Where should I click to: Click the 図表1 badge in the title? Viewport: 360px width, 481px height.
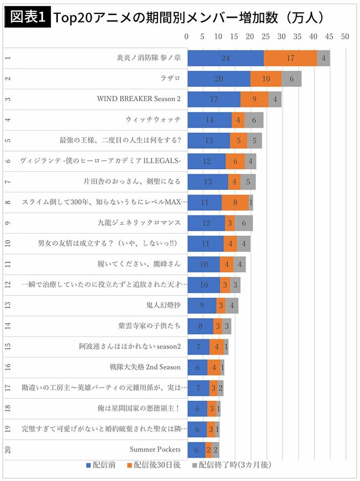click(27, 17)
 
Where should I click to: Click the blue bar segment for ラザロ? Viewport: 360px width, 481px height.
click(219, 78)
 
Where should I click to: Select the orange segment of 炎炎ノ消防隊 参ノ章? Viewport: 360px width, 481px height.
click(290, 58)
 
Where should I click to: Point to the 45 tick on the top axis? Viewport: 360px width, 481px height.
click(329, 37)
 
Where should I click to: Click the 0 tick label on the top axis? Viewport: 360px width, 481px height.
click(186, 37)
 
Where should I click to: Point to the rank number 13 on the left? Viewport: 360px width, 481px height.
click(6, 305)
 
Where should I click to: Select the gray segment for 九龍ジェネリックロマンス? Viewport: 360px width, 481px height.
click(243, 222)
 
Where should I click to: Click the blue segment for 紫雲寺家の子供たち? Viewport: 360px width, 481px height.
click(200, 326)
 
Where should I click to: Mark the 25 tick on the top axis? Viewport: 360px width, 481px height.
click(265, 37)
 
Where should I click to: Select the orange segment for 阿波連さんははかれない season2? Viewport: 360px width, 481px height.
click(217, 346)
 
